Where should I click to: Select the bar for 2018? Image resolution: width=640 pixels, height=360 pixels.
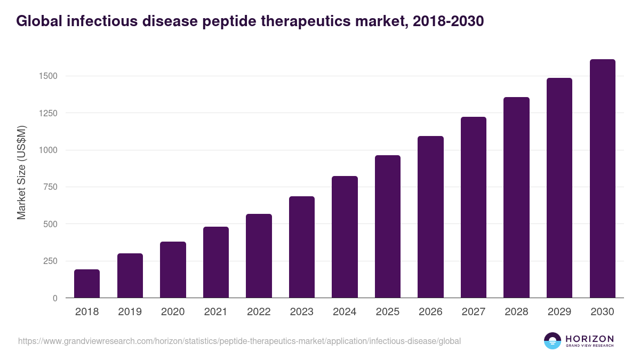87,284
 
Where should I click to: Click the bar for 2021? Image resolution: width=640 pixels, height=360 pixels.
216,262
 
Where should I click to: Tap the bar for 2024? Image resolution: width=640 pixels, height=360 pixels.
345,237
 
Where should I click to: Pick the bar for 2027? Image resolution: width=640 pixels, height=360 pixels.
474,207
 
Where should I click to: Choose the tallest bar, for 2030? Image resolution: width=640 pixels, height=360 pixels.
602,179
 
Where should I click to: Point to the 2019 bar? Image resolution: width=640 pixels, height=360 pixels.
130,276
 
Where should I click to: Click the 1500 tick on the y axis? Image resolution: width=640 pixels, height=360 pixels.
47,76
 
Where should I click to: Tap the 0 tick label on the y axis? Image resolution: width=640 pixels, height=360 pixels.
55,298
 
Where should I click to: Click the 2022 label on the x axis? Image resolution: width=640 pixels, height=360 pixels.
259,312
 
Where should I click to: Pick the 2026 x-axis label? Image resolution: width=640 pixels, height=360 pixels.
430,312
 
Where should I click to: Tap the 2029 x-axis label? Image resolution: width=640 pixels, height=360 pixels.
559,312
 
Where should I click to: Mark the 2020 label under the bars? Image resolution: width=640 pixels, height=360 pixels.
173,312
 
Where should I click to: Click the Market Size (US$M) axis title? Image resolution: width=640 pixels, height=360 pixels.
21,172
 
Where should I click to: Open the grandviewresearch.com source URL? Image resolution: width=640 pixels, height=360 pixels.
239,341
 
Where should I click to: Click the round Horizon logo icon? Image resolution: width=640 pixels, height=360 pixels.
553,341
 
